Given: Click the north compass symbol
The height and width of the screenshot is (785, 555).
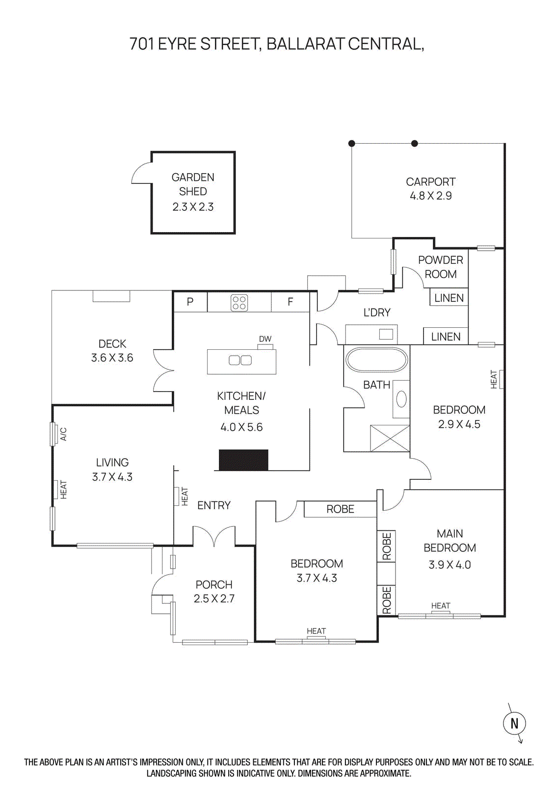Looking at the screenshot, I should coord(514,723).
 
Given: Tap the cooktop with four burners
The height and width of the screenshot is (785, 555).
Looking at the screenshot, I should coord(239,303).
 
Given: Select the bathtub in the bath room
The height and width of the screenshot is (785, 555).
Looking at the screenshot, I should coord(376,360).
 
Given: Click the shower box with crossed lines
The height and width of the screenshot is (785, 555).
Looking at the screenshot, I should coord(390,438).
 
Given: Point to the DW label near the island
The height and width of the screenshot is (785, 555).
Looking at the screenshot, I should coord(265,339).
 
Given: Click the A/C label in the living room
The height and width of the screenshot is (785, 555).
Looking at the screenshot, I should coord(63,434).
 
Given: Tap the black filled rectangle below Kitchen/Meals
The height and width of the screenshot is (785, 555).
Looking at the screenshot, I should coord(243,460).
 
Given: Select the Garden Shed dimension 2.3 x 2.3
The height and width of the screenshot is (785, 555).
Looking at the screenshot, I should coord(193,207).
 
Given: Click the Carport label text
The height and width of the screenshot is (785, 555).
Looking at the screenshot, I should coord(430,182).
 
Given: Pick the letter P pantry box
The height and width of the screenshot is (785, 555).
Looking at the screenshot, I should coord(190,302).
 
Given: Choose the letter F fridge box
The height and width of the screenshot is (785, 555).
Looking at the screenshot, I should coord(291,302).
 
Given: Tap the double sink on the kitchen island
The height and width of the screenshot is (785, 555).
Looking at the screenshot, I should coord(240,361).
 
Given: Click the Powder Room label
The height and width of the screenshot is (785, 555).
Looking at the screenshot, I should coord(440,267).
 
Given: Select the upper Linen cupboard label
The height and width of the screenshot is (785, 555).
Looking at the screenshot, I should coord(449,298).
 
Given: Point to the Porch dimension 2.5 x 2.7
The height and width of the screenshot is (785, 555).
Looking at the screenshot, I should coord(214,599).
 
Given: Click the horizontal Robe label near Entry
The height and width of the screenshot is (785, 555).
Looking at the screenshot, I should coord(340,509).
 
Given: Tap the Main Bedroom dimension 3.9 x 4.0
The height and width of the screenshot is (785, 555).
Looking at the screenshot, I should coord(449,565).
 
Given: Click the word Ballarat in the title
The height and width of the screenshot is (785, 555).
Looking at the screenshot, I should coord(306,44).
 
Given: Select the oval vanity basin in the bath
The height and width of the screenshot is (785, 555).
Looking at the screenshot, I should coord(401,399).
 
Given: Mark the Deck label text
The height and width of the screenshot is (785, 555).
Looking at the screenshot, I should coord(112,344).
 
